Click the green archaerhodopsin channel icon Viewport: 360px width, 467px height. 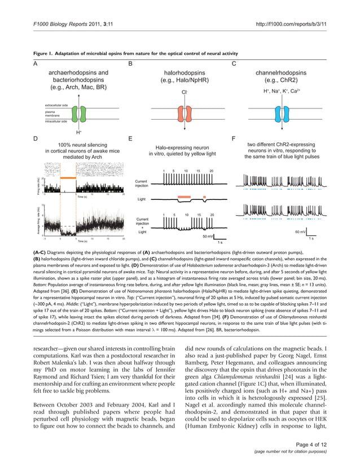click(80, 114)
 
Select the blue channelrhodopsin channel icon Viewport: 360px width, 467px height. click(280, 113)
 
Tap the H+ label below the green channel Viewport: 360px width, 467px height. click(79, 132)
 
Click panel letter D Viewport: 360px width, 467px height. click(36, 138)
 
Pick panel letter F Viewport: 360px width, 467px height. click(234, 138)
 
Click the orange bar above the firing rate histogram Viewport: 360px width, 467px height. click(69, 177)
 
